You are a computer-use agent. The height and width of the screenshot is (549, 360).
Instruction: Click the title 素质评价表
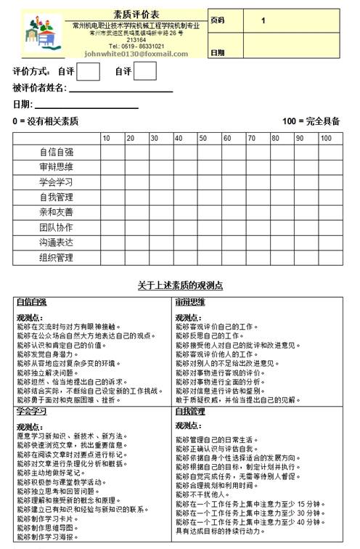click(x=136, y=15)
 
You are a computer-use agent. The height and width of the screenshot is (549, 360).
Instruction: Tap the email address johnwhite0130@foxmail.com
click(x=136, y=54)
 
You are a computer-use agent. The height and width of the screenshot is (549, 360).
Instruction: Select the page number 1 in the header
click(x=263, y=20)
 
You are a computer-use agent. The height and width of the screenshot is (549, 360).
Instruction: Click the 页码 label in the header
click(x=218, y=20)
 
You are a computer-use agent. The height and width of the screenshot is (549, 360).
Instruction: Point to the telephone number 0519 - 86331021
click(x=136, y=46)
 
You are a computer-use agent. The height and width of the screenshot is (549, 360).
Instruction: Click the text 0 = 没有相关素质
click(x=45, y=121)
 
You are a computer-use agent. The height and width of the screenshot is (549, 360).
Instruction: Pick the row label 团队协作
click(x=56, y=227)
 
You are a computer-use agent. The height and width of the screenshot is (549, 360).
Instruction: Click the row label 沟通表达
click(x=56, y=243)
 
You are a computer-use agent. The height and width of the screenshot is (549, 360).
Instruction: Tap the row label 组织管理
click(x=56, y=258)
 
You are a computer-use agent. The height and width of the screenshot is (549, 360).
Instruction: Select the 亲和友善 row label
click(x=56, y=212)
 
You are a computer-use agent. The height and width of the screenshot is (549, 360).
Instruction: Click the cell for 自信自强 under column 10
click(x=112, y=152)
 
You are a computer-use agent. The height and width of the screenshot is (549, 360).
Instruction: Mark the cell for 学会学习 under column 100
click(x=330, y=182)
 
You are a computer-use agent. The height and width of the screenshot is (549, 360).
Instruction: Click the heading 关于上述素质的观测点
click(x=179, y=284)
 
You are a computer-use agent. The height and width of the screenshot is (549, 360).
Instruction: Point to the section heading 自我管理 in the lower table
click(x=189, y=411)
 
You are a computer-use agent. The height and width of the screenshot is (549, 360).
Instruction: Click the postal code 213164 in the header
click(x=136, y=39)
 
